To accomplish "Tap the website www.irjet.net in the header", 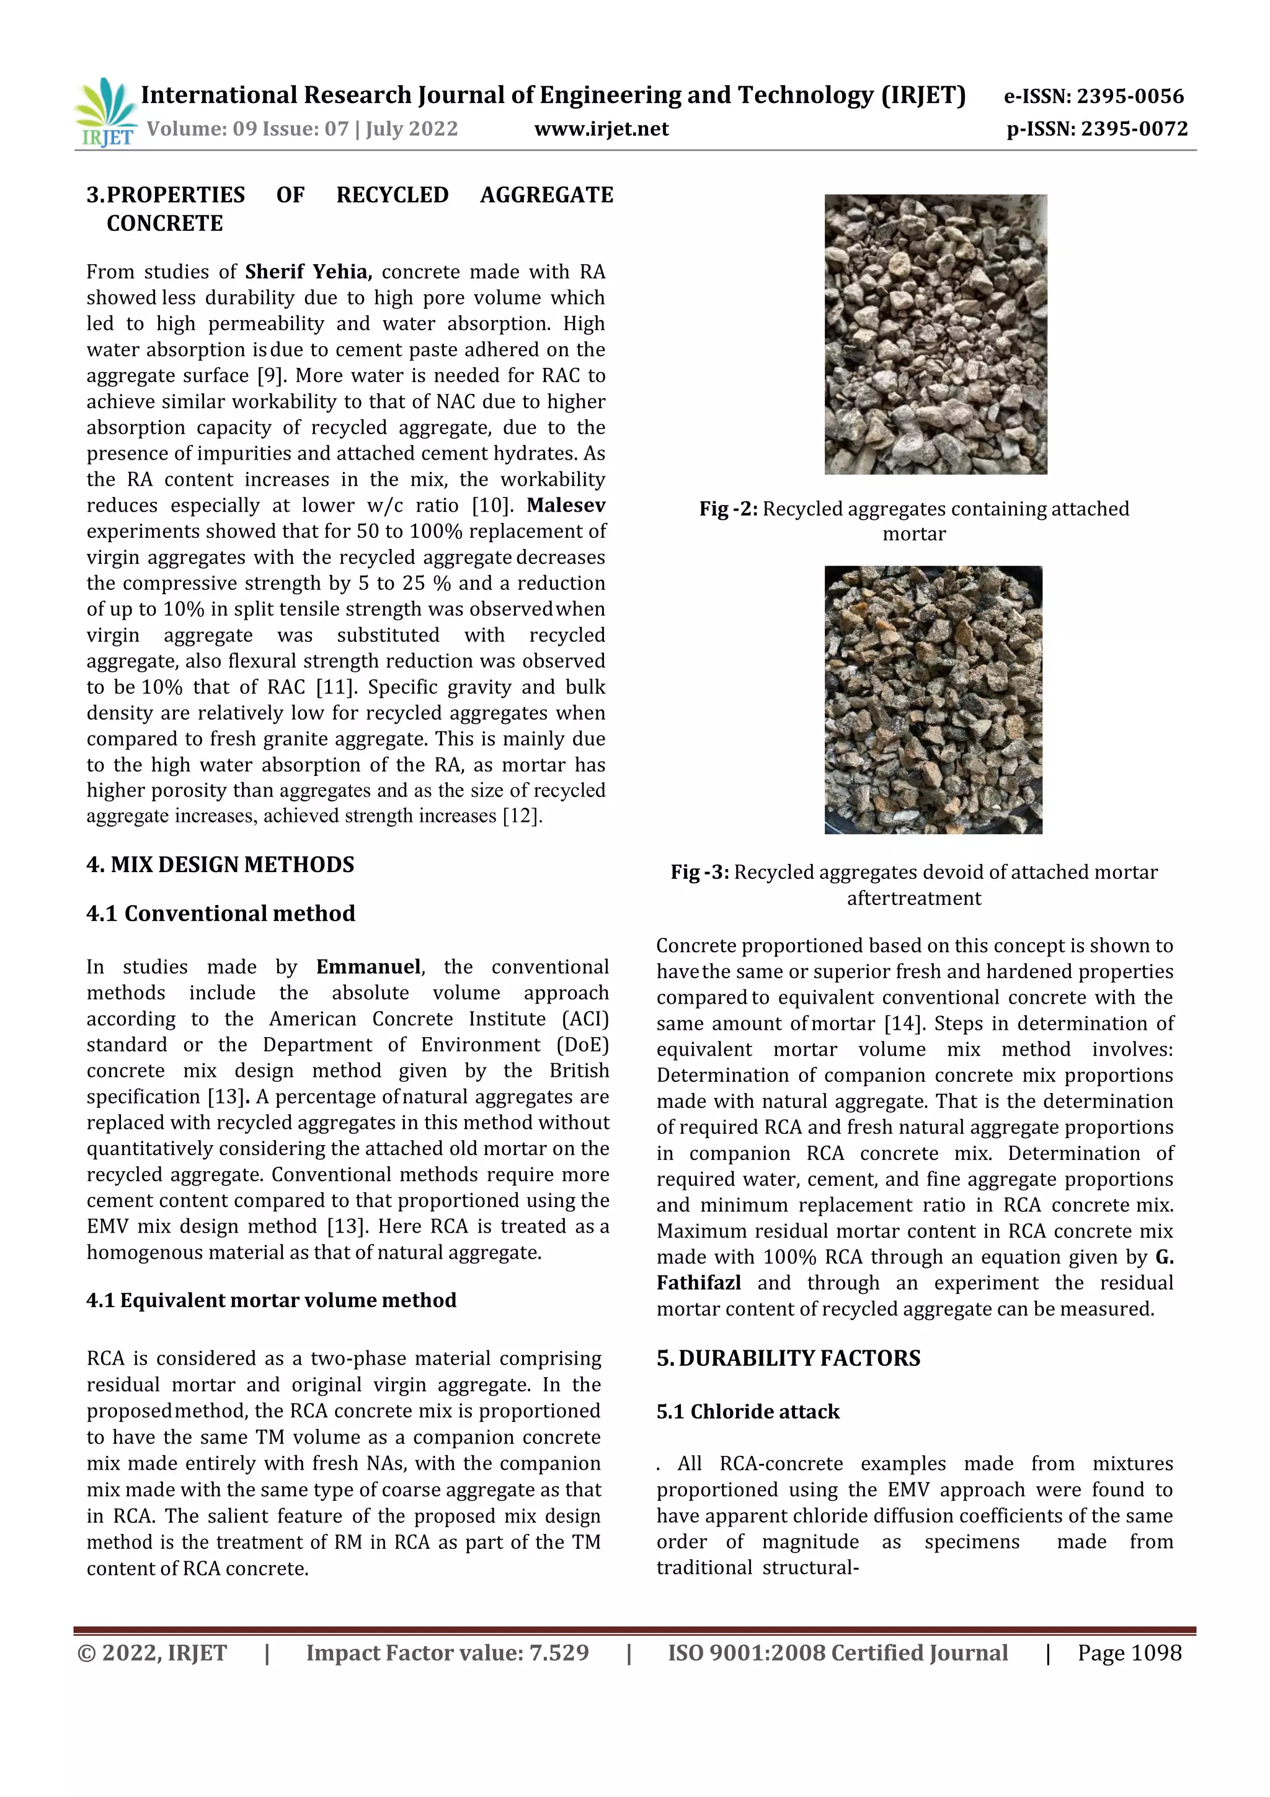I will pyautogui.click(x=601, y=129).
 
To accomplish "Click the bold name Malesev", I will pyautogui.click(x=566, y=505).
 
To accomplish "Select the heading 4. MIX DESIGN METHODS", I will pyautogui.click(x=220, y=864).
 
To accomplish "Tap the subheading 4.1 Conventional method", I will pyautogui.click(x=220, y=913).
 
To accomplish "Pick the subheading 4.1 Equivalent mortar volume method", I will pyautogui.click(x=271, y=1300).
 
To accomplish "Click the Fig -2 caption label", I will pyautogui.click(x=728, y=509).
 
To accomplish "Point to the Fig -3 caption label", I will pyautogui.click(x=699, y=872).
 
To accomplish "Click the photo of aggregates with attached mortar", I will pyautogui.click(x=935, y=334).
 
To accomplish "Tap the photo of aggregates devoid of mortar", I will pyautogui.click(x=933, y=699).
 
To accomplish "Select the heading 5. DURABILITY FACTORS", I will pyautogui.click(x=788, y=1358).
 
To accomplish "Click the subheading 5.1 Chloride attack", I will pyautogui.click(x=747, y=1411).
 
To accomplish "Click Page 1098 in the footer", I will pyautogui.click(x=1129, y=1653).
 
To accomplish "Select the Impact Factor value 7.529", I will pyautogui.click(x=447, y=1653).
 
